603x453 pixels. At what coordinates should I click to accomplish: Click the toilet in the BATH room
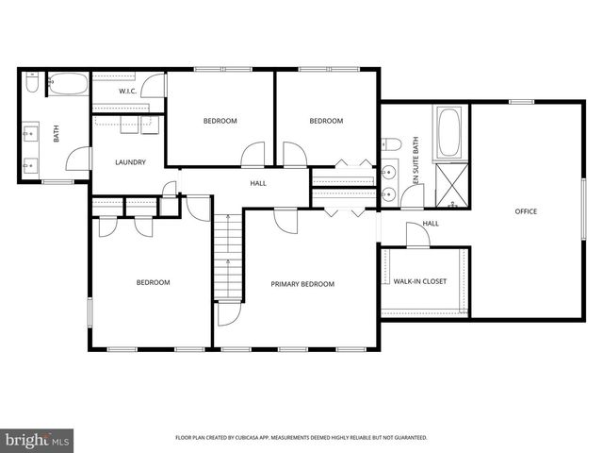point(32,85)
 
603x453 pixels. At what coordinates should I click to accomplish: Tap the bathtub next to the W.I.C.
point(66,85)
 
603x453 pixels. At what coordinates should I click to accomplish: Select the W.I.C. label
point(129,92)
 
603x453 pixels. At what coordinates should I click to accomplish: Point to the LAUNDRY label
point(130,162)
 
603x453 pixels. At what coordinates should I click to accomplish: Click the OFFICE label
point(526,211)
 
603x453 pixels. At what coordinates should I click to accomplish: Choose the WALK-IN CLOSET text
point(420,281)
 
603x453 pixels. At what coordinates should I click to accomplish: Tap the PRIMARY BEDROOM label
point(302,284)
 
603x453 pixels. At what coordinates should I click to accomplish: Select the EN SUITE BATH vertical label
point(416,161)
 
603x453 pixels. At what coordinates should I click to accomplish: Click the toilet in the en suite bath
point(393,144)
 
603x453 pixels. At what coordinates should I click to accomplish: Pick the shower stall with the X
point(450,184)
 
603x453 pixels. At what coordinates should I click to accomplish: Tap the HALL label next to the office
point(431,224)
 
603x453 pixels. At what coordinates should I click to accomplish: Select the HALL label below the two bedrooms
point(257,183)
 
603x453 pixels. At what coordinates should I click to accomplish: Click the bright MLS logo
point(38,440)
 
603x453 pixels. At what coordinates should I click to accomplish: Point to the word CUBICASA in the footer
point(259,438)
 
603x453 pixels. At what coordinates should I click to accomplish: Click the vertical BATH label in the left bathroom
point(56,134)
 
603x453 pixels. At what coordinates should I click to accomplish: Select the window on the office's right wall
point(582,208)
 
